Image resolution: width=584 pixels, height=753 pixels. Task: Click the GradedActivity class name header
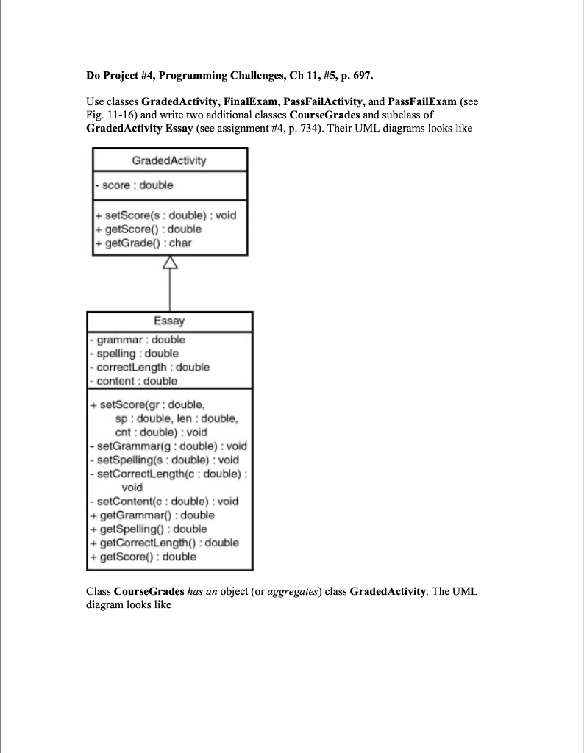[x=169, y=160]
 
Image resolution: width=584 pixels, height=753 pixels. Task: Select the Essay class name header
[x=169, y=321]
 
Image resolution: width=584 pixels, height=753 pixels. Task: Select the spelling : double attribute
[x=136, y=354]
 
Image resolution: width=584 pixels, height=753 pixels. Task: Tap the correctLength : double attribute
[x=151, y=367]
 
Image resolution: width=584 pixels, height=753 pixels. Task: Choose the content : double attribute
[x=134, y=381]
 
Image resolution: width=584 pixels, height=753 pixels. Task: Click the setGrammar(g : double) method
[x=170, y=446]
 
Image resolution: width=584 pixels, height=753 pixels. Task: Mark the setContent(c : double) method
[x=167, y=501]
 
